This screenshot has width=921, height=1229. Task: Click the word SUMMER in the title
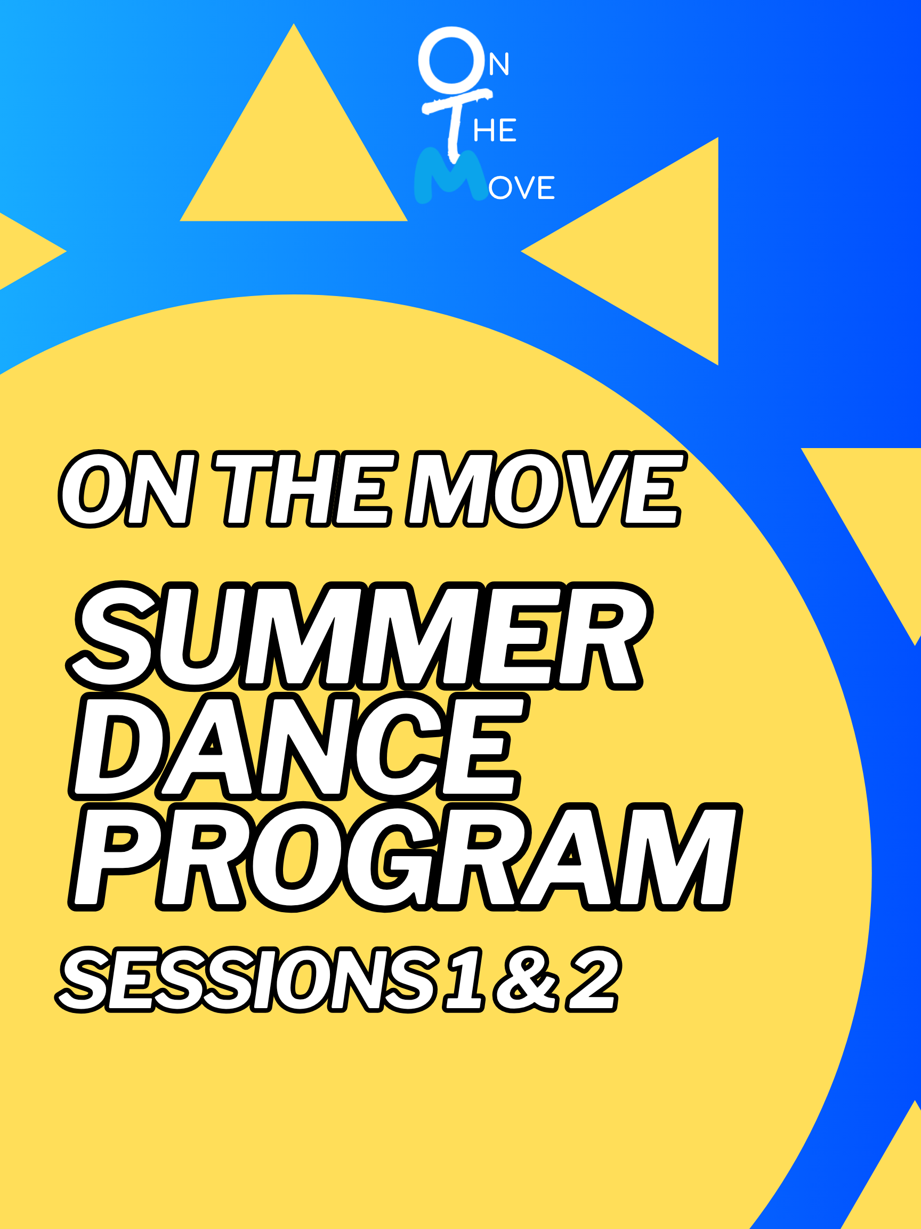[x=358, y=636]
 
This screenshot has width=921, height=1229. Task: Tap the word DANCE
[x=297, y=746]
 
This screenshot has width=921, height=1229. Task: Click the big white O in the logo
[x=451, y=60]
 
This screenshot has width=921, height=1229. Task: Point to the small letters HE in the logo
[x=495, y=131]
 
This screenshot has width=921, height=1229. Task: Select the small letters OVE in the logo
[x=522, y=188]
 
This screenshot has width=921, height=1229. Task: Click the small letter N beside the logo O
[x=498, y=65]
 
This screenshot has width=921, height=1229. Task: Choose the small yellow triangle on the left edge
[x=22, y=251]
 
